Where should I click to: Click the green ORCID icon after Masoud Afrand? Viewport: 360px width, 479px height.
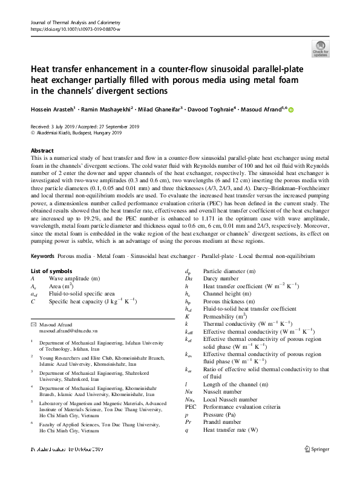click(290, 110)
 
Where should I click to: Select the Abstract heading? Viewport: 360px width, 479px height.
click(42, 150)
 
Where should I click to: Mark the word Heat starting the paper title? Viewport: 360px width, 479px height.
click(42, 70)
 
